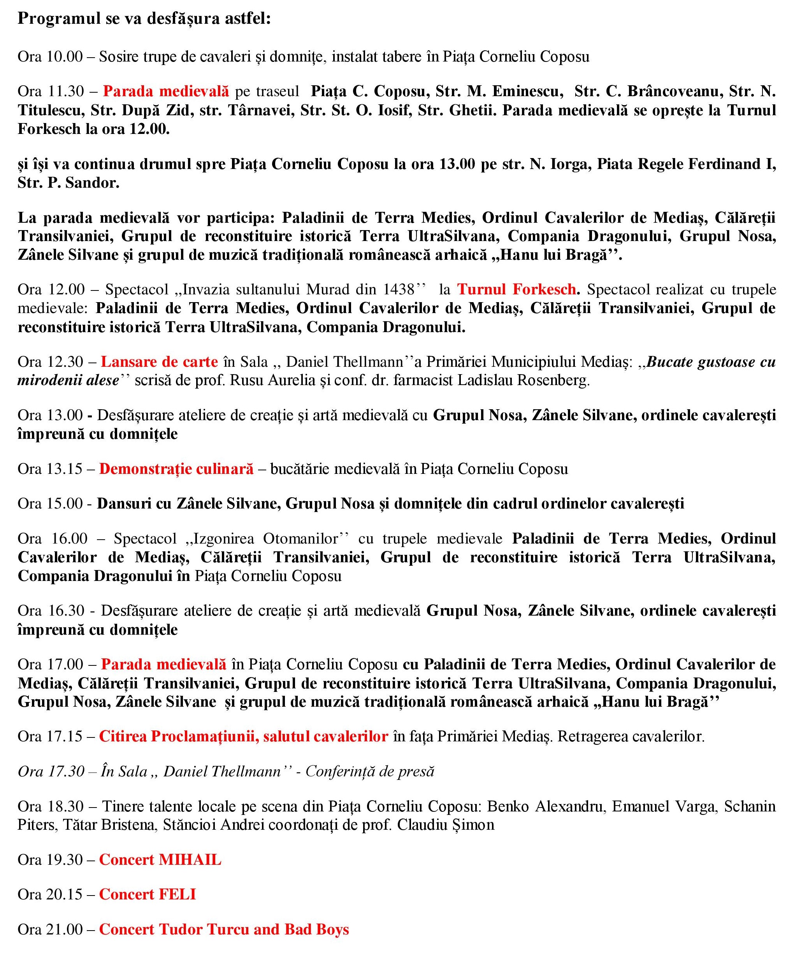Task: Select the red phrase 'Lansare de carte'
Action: (159, 361)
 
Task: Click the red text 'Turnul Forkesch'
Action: (517, 289)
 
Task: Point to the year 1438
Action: (399, 289)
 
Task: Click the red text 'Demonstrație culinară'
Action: (176, 468)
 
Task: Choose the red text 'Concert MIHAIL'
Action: (160, 859)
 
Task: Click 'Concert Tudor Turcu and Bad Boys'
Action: (224, 929)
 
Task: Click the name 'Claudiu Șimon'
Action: (446, 824)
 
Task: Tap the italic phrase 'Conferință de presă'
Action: (370, 771)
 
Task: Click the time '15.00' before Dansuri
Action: (65, 503)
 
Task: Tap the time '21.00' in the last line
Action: (65, 929)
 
